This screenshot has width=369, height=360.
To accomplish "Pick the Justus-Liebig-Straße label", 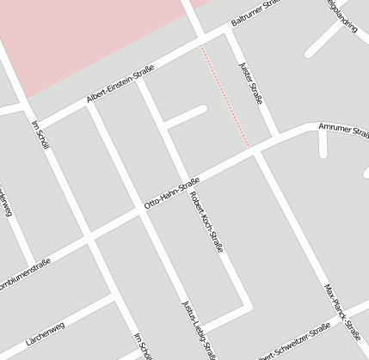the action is pos(197,330).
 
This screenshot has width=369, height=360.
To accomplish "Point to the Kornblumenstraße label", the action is pos(26,279).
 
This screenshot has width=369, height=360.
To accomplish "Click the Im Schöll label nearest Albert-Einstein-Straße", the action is pos(39,133).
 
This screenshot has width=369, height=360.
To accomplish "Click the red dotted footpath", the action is pos(225,96).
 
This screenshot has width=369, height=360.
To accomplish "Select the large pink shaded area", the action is pos(86,34).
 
